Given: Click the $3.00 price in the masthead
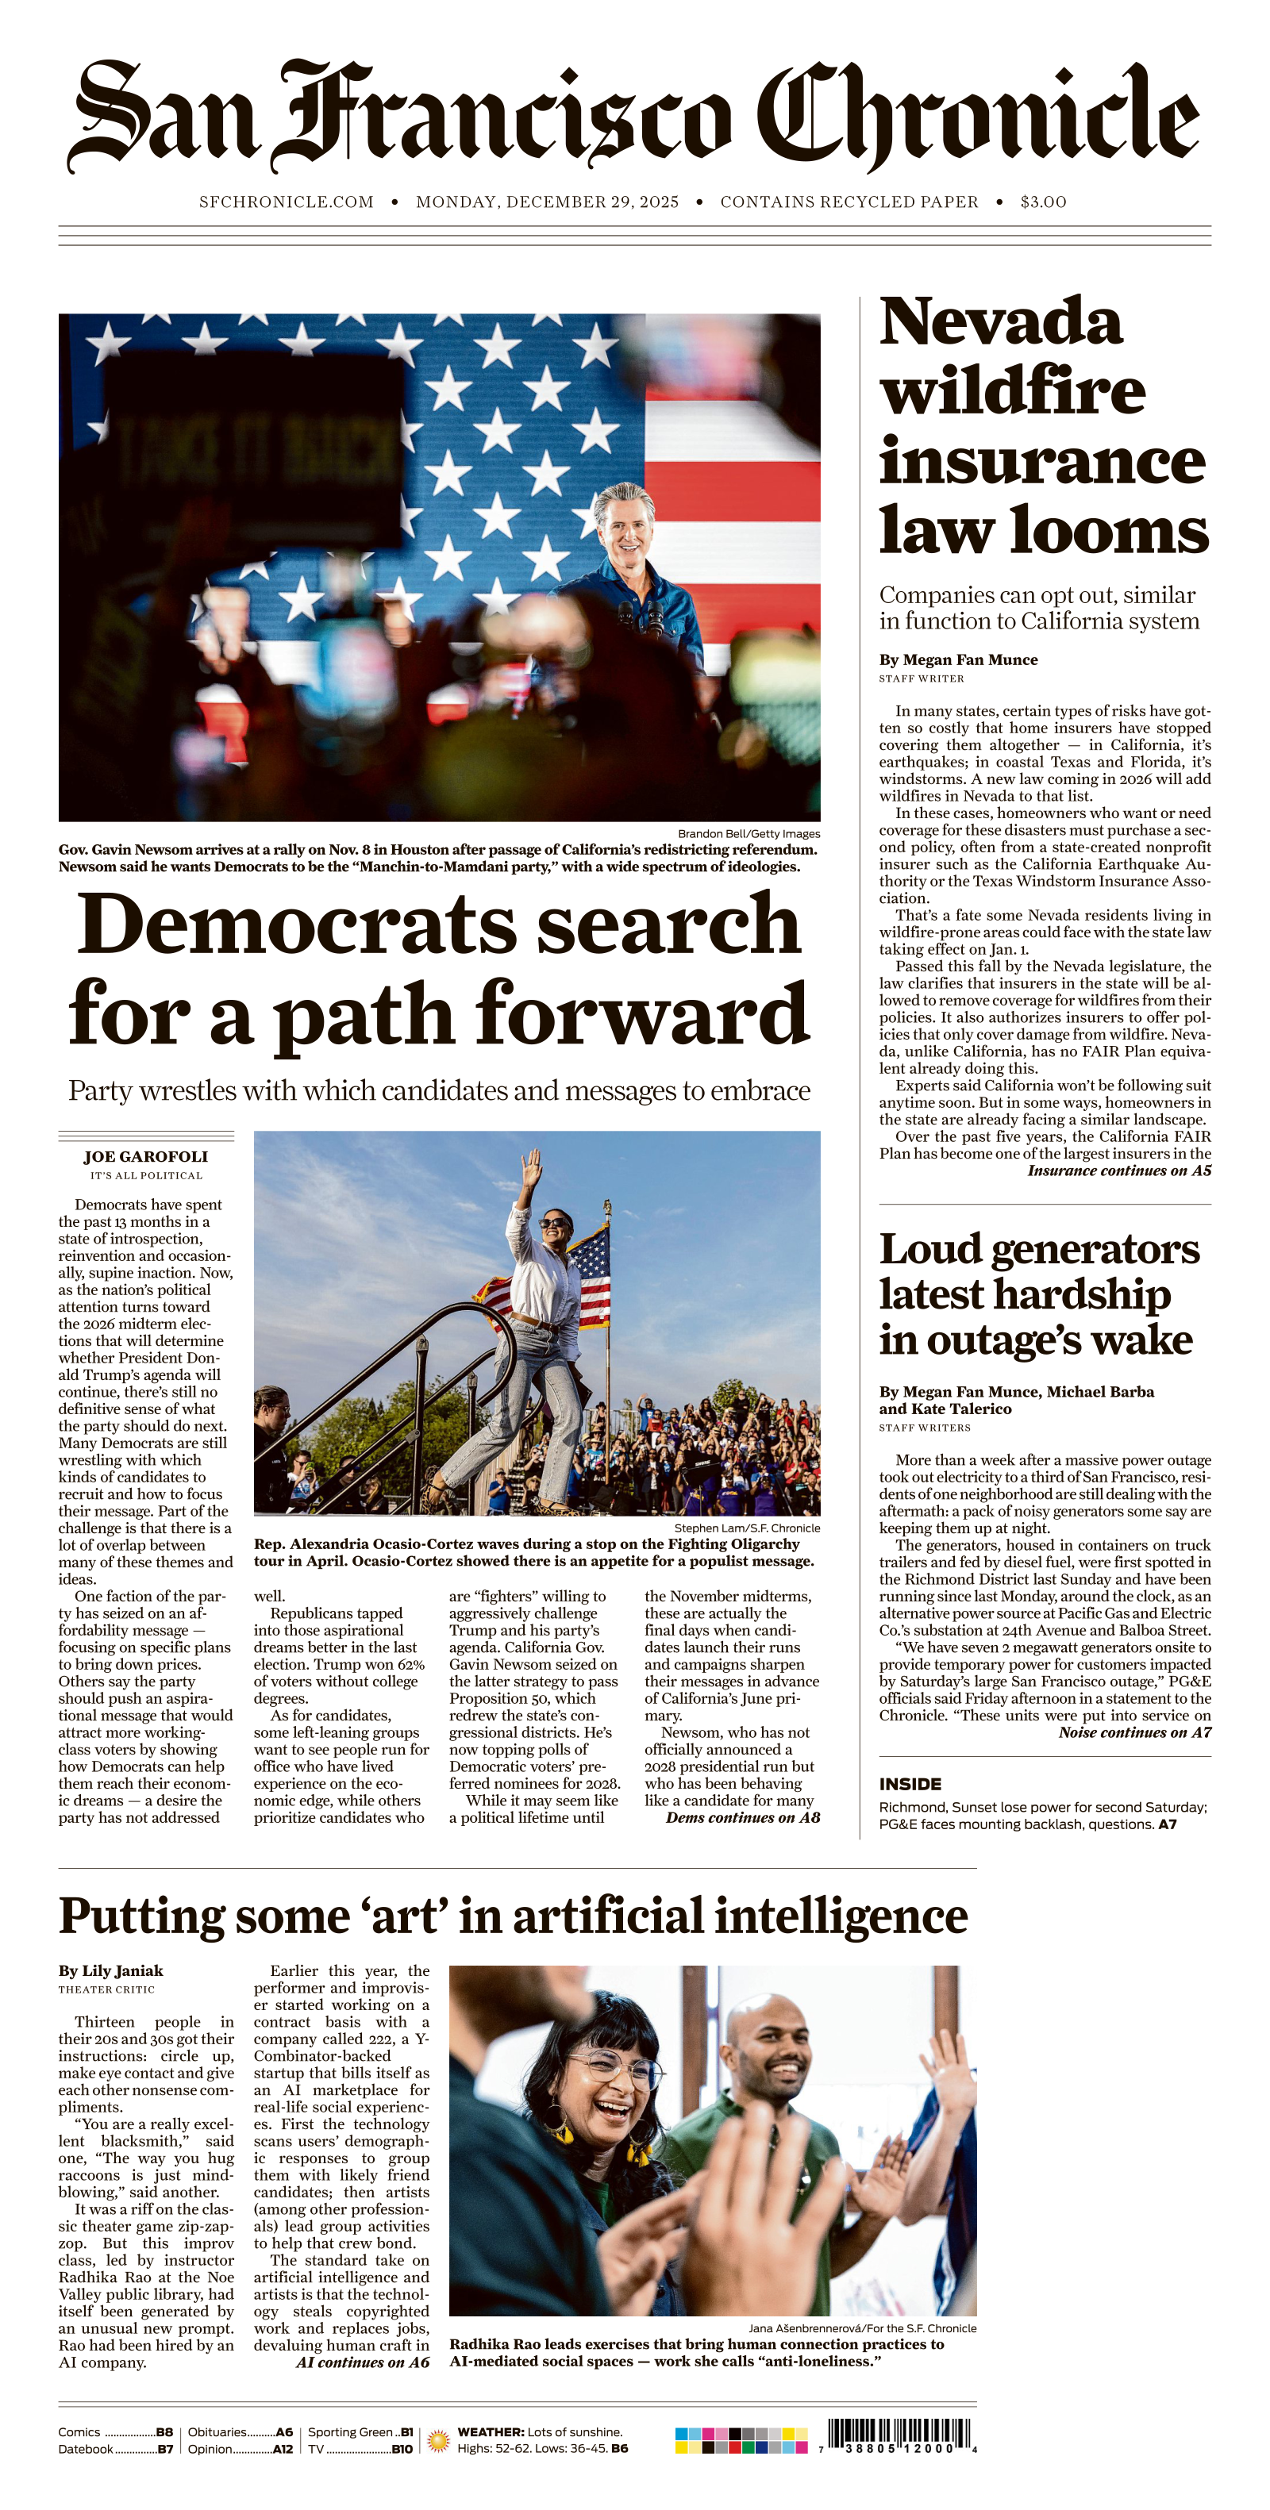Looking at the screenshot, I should tap(1043, 202).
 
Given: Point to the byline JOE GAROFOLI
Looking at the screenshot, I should tap(145, 1156).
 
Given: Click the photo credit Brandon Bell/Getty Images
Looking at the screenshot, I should tap(749, 833).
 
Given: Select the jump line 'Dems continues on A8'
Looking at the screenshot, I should tap(743, 1817).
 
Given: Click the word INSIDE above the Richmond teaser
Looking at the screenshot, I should tap(910, 1784).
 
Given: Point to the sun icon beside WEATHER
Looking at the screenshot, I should tap(439, 2440).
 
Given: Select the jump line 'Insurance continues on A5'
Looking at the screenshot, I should tap(1119, 1170).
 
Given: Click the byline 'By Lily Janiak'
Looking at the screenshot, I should tap(111, 1970).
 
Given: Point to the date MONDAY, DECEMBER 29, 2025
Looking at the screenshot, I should tap(547, 202).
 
